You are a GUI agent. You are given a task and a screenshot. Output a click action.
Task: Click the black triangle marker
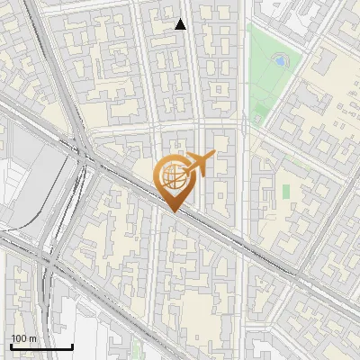(x=181, y=24)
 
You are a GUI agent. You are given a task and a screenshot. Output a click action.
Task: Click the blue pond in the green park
(x=280, y=61)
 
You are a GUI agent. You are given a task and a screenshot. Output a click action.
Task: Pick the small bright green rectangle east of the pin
(x=286, y=192)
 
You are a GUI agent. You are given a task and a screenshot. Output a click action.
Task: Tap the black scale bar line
(x=41, y=346)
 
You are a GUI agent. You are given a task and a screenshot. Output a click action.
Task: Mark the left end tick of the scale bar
(x=11, y=345)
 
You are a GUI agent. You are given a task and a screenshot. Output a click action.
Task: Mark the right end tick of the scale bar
(x=72, y=345)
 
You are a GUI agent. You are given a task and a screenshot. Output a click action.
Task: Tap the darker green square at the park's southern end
(x=260, y=114)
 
